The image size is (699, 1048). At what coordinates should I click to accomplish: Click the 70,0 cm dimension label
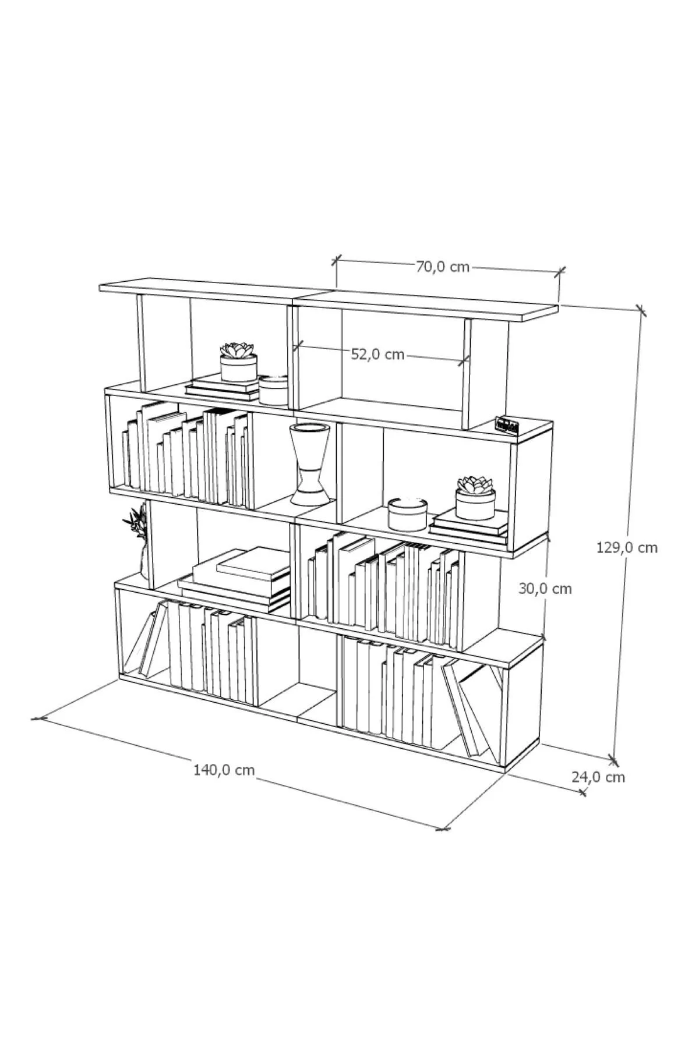[443, 267]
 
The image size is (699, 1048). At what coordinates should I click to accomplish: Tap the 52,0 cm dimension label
[377, 354]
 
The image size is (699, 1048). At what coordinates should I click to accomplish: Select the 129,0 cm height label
[627, 547]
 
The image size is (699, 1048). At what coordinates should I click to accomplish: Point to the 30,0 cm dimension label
[545, 589]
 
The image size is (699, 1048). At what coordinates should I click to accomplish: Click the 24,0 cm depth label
[598, 777]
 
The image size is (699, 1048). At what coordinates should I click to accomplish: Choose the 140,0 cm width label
[224, 770]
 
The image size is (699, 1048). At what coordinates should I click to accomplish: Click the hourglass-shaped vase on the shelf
[310, 464]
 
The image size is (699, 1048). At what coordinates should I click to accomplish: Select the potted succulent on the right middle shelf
[475, 498]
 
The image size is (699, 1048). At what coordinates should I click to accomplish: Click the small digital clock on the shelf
[506, 425]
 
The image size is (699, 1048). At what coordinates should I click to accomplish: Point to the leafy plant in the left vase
[136, 522]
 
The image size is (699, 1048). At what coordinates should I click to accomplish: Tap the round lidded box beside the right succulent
[408, 514]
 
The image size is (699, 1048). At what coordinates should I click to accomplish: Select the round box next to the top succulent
[273, 390]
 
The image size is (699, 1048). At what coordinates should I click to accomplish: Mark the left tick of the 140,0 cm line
[38, 718]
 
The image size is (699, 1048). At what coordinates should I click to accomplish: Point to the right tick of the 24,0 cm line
[583, 792]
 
